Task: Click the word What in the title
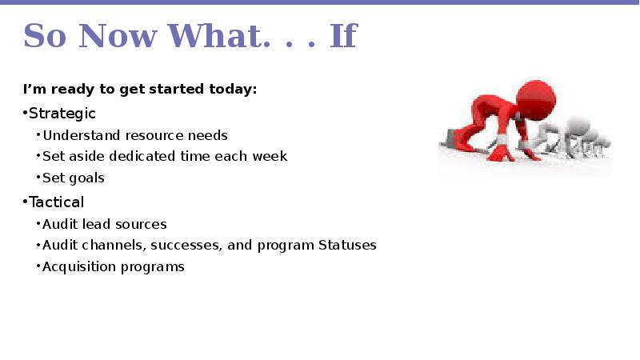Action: pyautogui.click(x=218, y=36)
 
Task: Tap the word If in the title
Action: pyautogui.click(x=344, y=36)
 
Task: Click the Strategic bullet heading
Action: pyautogui.click(x=62, y=114)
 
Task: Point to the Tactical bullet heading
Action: pyautogui.click(x=56, y=202)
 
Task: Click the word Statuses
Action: pyautogui.click(x=347, y=245)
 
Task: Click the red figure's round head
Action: pyautogui.click(x=535, y=101)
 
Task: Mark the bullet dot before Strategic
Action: pyautogui.click(x=25, y=113)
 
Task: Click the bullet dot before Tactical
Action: pyautogui.click(x=25, y=202)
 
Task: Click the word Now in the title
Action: pyautogui.click(x=118, y=36)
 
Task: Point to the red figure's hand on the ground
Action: pyautogui.click(x=501, y=154)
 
